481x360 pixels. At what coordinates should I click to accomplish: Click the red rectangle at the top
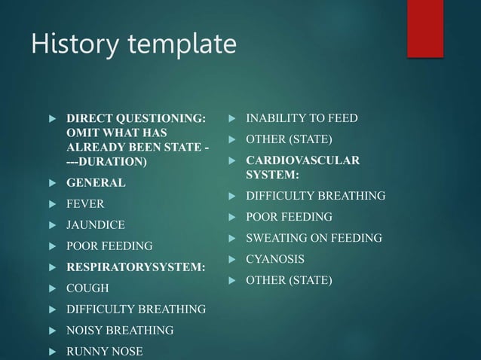coord(424,28)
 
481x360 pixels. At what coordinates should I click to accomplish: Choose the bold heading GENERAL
coord(97,183)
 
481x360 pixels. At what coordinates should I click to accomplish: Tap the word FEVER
coord(85,204)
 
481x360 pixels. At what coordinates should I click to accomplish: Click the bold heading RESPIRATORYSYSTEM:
coord(136,267)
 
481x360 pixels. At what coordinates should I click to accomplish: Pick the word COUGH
coord(87,288)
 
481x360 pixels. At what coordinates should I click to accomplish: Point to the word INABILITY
coord(274,118)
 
